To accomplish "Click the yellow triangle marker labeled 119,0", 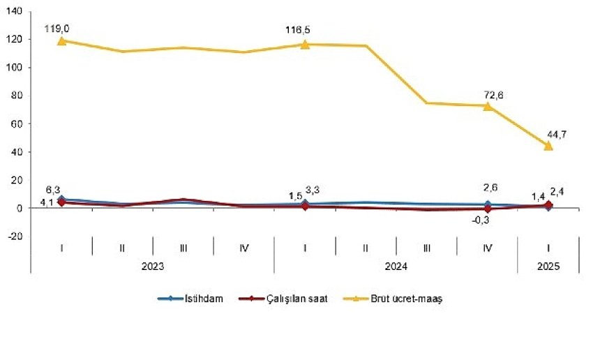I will (62, 40).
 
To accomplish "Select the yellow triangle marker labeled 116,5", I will (305, 44).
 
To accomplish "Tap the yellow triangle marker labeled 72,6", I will (488, 105).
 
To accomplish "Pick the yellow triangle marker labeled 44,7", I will (548, 145).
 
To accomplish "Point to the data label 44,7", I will (556, 133).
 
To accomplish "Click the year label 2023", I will (153, 266).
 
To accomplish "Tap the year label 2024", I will (396, 266).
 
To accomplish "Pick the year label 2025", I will (548, 266).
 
